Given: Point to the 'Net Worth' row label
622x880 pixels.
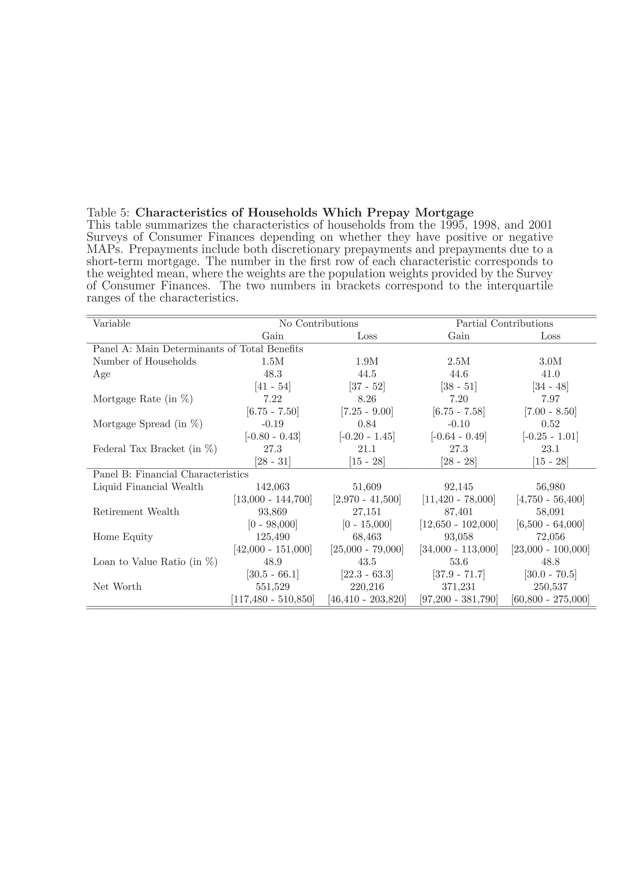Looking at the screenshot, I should coord(117,586).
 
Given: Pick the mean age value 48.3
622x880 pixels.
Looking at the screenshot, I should coord(272,374).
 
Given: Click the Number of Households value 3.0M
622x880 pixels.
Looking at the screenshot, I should coord(550,361).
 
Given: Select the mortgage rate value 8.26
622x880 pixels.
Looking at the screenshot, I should coord(367,399).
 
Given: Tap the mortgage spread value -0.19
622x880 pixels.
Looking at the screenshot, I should coord(272,424).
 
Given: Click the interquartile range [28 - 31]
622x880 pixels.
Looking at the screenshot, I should coord(272,462).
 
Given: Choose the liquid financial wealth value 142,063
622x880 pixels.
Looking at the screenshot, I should coord(272,487).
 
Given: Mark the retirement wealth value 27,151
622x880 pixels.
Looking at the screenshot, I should coord(367,512).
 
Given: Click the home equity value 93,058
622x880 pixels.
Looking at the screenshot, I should coord(458,537).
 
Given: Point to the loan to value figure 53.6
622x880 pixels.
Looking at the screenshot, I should coord(458,561).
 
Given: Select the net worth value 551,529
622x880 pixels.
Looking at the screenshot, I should coord(272,586).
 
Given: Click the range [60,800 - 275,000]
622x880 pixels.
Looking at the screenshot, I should coord(550,599).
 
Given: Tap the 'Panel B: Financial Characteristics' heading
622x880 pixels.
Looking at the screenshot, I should coord(171,475).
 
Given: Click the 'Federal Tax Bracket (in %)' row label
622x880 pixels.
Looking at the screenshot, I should coord(155,449).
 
